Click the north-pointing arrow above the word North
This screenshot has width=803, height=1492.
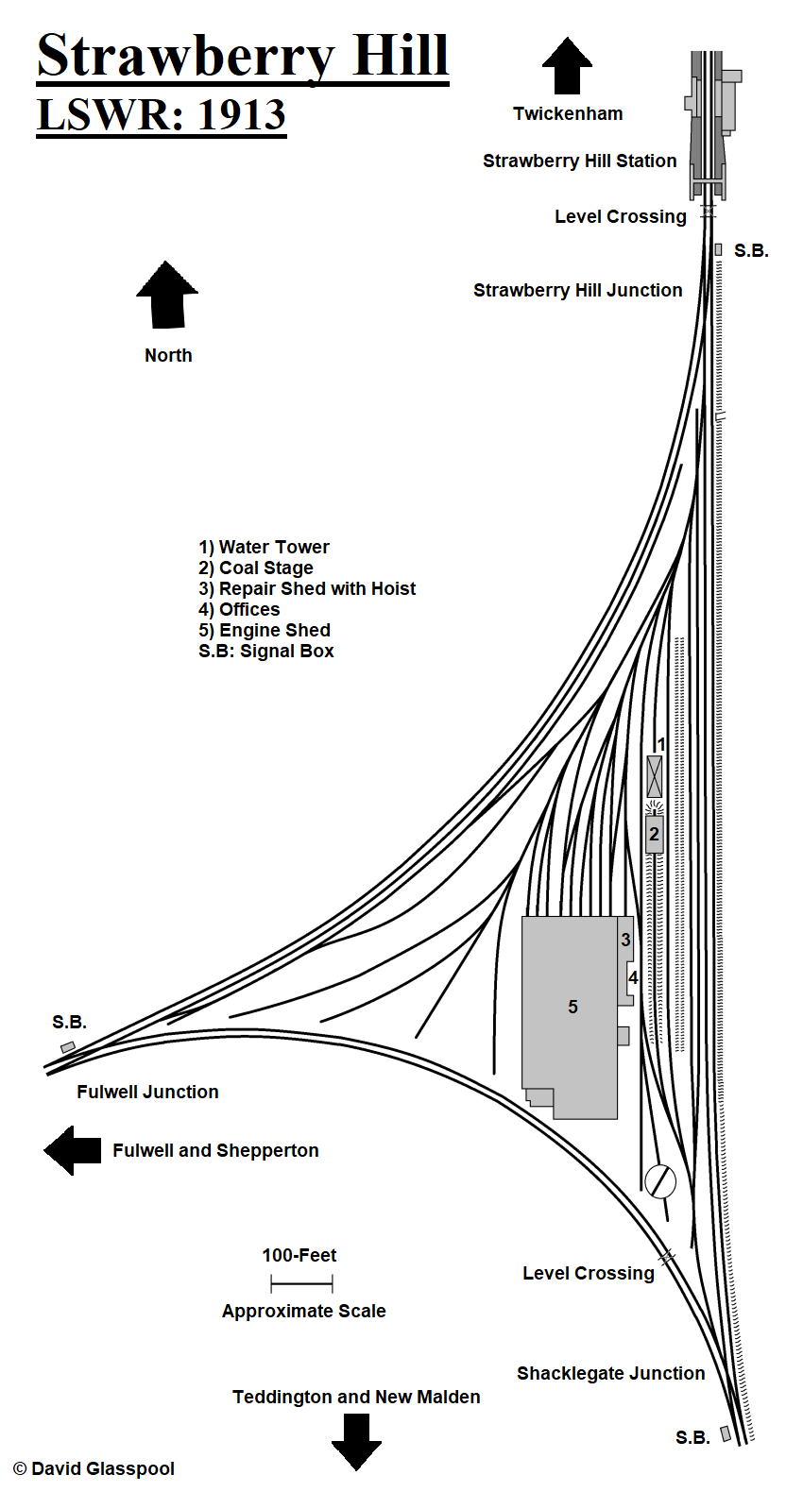167,296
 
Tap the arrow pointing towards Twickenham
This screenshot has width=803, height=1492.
567,67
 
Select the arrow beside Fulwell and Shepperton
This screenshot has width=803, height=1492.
73,1150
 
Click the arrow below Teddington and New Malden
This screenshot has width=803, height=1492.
356,1441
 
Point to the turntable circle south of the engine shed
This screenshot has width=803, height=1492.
660,1180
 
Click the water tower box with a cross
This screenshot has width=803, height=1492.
654,776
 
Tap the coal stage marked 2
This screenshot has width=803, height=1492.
654,835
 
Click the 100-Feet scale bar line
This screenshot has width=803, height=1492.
301,1283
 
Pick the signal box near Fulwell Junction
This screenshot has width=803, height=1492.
68,1047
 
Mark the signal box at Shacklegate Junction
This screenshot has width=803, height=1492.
726,1433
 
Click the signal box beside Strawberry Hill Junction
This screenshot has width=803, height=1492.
718,249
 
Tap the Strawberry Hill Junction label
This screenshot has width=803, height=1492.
577,290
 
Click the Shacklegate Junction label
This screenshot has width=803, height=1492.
610,1373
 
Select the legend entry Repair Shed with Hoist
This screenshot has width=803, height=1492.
307,588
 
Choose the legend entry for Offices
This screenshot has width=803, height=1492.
239,609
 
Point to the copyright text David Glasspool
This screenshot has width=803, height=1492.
94,1468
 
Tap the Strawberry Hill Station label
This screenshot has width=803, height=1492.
579,161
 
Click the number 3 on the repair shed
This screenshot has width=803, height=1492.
625,940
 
